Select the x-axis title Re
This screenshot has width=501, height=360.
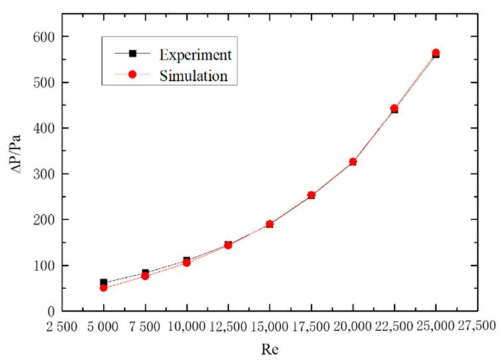269,349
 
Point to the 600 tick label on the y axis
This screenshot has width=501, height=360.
45,36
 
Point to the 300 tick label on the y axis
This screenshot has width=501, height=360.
45,174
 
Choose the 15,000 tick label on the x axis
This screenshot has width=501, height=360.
269,326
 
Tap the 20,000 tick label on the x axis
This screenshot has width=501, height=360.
352,326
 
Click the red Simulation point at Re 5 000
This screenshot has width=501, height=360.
104,288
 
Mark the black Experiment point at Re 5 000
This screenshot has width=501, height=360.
104,282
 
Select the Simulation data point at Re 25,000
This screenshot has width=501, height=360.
436,53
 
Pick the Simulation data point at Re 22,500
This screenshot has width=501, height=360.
394,108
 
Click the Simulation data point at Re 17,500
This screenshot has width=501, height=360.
311,195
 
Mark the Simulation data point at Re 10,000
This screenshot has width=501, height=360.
186,263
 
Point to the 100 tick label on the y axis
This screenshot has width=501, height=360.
45,265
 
